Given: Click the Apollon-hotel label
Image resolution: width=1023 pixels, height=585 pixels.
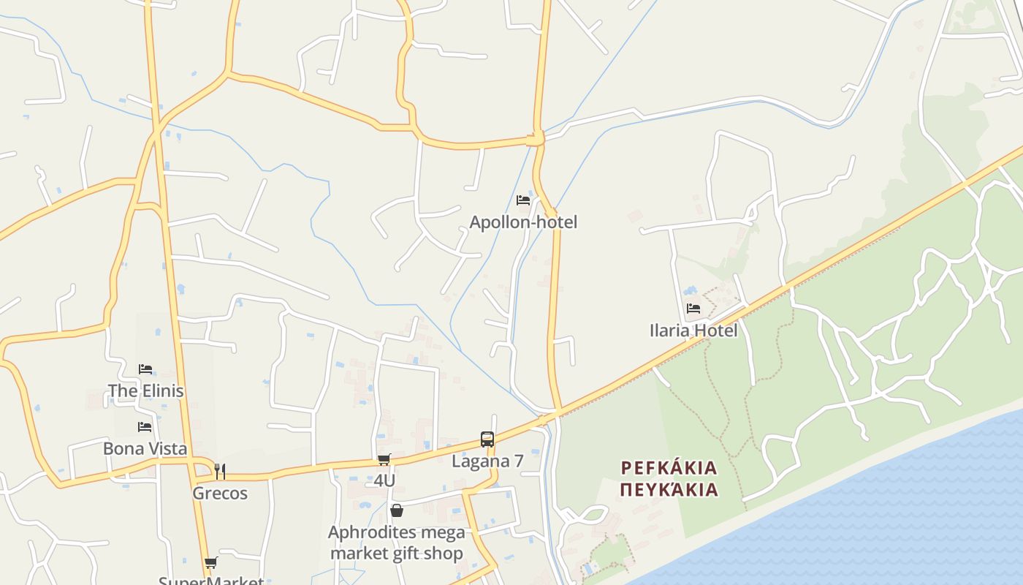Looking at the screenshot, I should (x=523, y=222).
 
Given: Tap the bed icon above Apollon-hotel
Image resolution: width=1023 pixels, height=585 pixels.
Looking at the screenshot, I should (x=523, y=200).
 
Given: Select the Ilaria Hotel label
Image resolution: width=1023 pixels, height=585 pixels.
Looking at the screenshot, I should (x=693, y=330).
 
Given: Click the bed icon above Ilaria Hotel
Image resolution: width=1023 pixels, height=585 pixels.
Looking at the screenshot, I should (x=693, y=309).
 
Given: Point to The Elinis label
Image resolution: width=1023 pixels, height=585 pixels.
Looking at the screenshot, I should (x=145, y=390).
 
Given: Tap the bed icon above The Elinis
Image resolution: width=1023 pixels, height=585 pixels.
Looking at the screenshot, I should (x=145, y=369).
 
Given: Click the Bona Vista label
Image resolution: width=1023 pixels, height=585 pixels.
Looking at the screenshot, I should (x=145, y=448).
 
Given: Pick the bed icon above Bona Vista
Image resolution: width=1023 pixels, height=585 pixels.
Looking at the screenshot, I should (x=145, y=427).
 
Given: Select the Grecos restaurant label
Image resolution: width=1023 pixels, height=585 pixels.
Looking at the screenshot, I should (x=220, y=493).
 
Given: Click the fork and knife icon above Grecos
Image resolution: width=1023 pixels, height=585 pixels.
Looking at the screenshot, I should (x=220, y=472).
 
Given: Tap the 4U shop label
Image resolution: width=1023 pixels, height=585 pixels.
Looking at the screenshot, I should (x=384, y=480).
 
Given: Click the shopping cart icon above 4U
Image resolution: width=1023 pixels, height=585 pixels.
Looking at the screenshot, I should (x=384, y=459).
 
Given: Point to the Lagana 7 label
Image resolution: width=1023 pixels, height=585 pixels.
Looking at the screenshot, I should (x=487, y=461).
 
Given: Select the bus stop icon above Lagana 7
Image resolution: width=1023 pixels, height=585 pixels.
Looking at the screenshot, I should (x=487, y=439).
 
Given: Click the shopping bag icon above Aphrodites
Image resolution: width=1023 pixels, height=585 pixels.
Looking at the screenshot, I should (x=396, y=510).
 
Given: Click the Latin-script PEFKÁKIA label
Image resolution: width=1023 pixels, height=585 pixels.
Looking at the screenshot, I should (x=669, y=467).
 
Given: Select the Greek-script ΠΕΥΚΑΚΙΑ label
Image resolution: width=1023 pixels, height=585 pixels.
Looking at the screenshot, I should (x=669, y=489).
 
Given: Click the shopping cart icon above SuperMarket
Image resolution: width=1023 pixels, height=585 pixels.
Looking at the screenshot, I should (x=211, y=562).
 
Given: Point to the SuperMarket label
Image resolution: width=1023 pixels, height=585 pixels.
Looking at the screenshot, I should (x=211, y=581).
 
